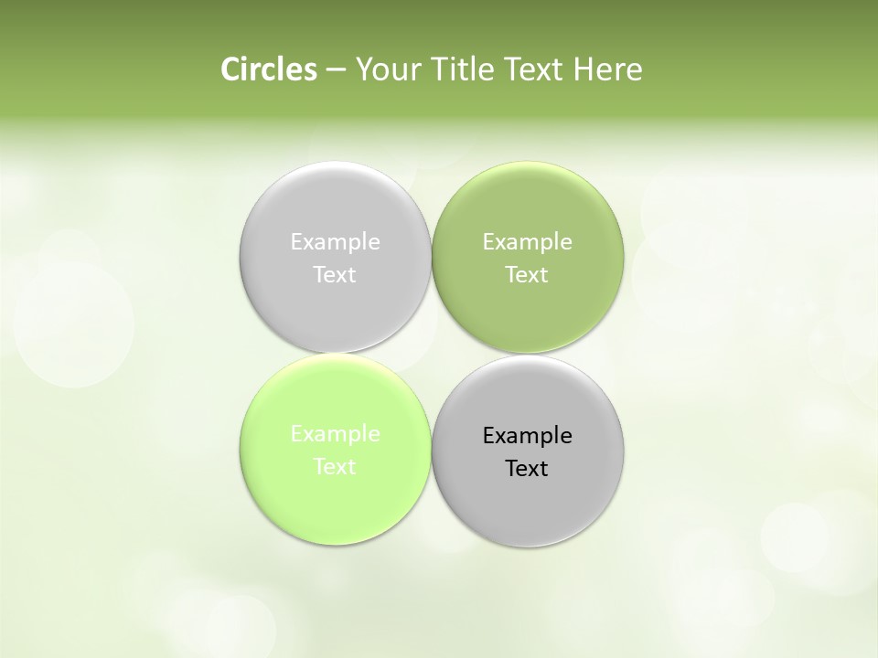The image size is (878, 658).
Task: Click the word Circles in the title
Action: tap(268, 69)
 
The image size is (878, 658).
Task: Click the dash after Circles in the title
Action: tap(335, 70)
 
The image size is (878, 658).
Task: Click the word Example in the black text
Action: tap(527, 436)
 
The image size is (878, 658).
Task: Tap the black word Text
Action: tap(527, 469)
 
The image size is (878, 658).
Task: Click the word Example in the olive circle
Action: tap(527, 242)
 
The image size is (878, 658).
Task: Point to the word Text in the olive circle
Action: tap(527, 275)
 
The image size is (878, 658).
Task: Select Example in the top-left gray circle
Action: tap(335, 242)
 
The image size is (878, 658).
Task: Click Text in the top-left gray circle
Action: tap(335, 275)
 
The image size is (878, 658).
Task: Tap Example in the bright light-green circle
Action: tap(335, 434)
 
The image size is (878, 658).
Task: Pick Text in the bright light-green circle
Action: tap(335, 467)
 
